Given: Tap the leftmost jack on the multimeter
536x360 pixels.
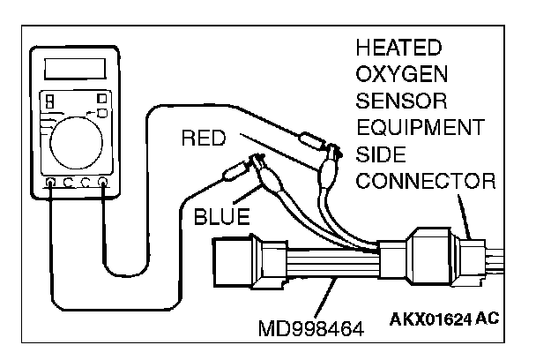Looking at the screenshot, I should click(x=49, y=184).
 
